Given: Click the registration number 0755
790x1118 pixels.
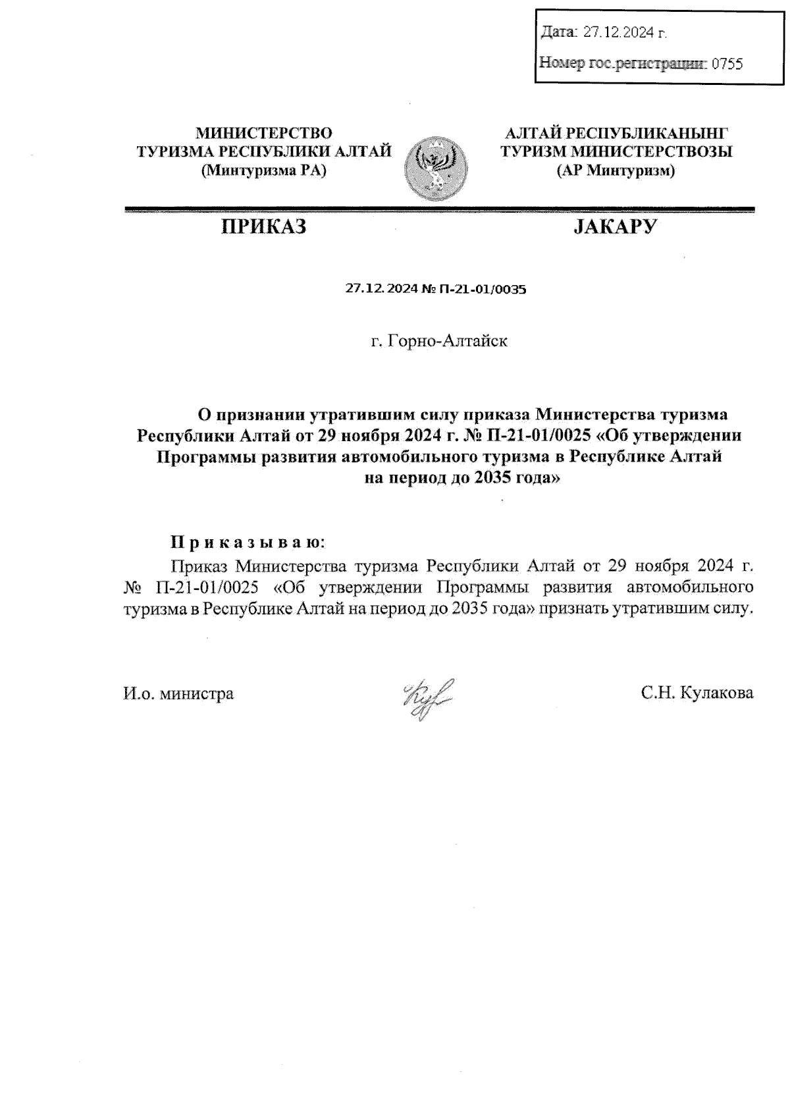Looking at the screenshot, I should pos(727,64).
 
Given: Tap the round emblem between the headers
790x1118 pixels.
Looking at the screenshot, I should pos(434,169).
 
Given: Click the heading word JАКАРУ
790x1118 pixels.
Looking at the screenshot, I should pos(616,227).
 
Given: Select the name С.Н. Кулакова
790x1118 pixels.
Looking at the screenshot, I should pos(697,693).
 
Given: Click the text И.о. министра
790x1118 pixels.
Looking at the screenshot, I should pos(178,693).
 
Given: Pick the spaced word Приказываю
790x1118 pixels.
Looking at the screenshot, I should pos(248,543).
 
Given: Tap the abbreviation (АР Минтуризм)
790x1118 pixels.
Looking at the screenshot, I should pos(616,171).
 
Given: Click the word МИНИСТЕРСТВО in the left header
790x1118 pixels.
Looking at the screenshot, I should pos(264,134).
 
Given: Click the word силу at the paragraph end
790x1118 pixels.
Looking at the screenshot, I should pos(733,608).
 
